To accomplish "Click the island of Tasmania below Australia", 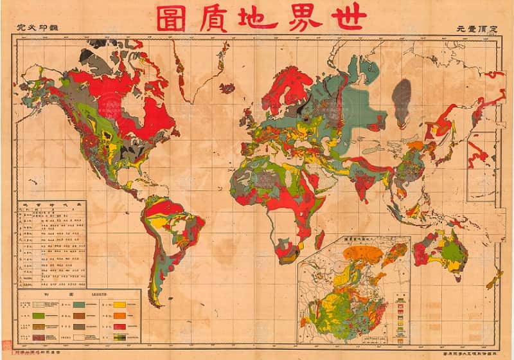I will (457, 278).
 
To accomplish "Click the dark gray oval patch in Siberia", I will (401, 103).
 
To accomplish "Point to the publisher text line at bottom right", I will (475, 353).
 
